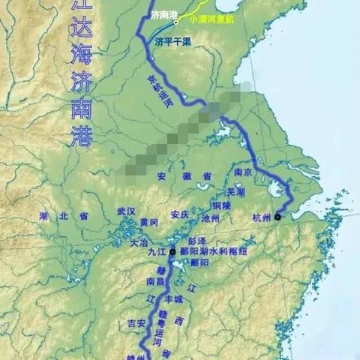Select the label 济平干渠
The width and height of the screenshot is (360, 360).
[x=172, y=43]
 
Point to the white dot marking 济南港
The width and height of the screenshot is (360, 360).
[x=177, y=22]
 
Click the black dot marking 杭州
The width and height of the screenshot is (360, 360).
[x=277, y=217]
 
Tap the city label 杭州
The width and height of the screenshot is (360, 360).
[x=259, y=218]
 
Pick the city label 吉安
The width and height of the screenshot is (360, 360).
[x=136, y=324]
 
